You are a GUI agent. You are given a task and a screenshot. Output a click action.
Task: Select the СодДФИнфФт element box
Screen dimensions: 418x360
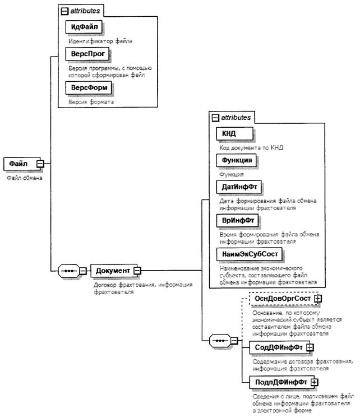(x=275, y=348)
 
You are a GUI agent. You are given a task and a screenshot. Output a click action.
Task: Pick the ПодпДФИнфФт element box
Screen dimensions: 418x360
(x=279, y=383)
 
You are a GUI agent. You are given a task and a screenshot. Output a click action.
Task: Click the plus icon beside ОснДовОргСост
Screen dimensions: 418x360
(x=318, y=299)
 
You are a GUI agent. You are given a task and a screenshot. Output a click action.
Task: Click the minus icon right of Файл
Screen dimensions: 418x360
(x=40, y=164)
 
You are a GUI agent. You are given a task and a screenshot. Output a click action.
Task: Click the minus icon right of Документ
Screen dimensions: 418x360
(x=136, y=271)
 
